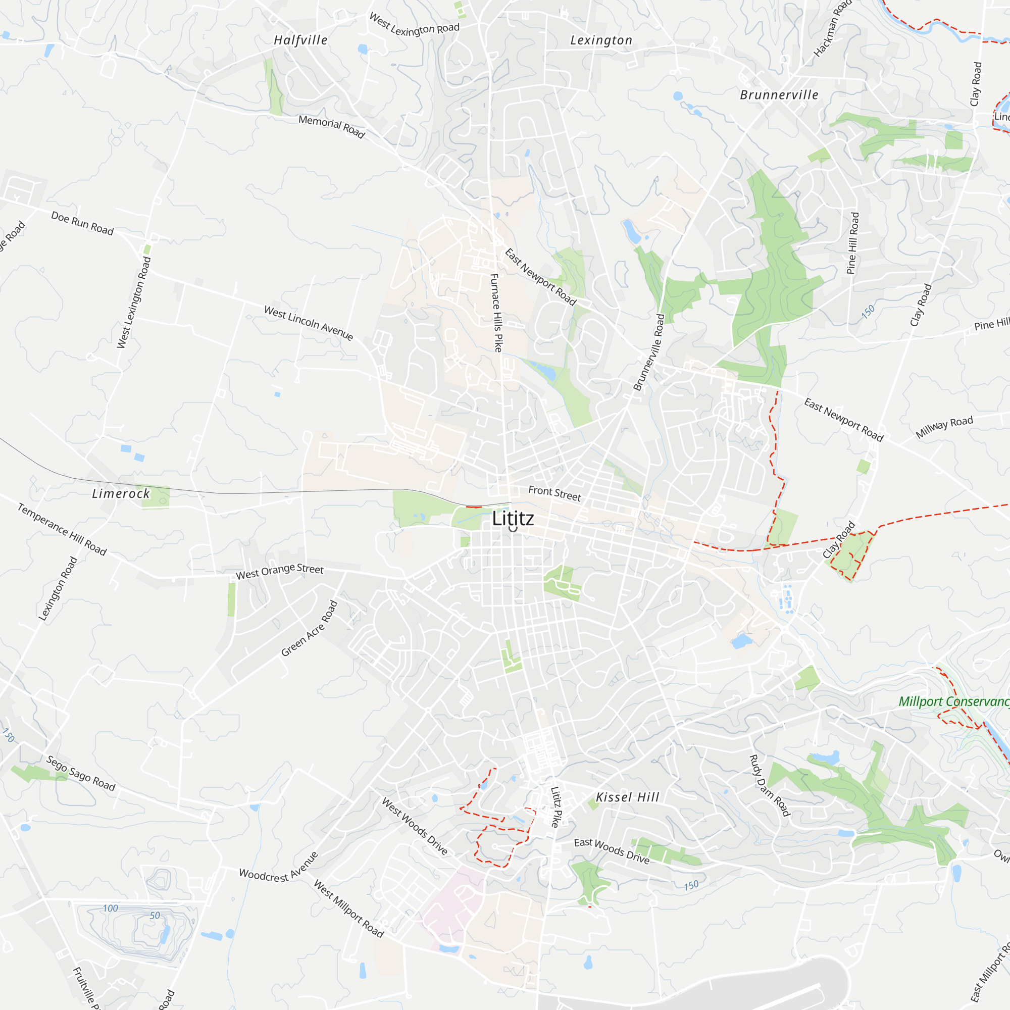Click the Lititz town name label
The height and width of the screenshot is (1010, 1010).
pyautogui.click(x=513, y=518)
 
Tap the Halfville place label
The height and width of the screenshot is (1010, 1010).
pyautogui.click(x=300, y=40)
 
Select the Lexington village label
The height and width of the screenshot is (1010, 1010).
pyautogui.click(x=601, y=40)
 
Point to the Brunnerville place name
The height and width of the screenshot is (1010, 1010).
pyautogui.click(x=779, y=94)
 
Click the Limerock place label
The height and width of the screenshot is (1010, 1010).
pyautogui.click(x=121, y=493)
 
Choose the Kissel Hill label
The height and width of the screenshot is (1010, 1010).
pyautogui.click(x=627, y=797)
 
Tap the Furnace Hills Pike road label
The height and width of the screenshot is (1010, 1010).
pyautogui.click(x=496, y=313)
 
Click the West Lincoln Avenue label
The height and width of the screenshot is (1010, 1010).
pyautogui.click(x=309, y=323)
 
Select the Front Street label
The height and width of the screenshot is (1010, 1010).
pyautogui.click(x=554, y=493)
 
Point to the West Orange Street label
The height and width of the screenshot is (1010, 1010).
pyautogui.click(x=280, y=571)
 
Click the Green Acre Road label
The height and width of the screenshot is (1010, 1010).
pyautogui.click(x=310, y=628)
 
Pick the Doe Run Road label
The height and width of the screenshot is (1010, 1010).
pyautogui.click(x=82, y=223)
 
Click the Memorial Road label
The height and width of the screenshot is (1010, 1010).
pyautogui.click(x=331, y=126)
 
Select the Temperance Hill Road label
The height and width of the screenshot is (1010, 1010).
pyautogui.click(x=62, y=529)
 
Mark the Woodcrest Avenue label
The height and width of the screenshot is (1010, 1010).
pyautogui.click(x=279, y=868)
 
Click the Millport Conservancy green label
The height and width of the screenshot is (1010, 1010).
pyautogui.click(x=953, y=701)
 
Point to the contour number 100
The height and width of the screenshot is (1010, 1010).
pyautogui.click(x=110, y=908)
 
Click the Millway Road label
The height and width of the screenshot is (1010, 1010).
pyautogui.click(x=944, y=427)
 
